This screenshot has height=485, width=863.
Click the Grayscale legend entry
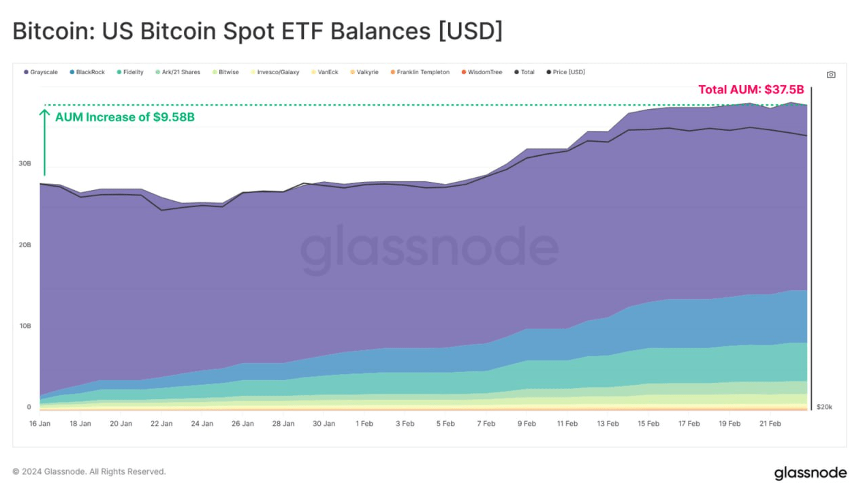point(41,72)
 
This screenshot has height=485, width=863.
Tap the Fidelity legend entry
point(130,72)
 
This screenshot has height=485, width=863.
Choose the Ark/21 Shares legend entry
point(178,72)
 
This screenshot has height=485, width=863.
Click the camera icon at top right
point(831,75)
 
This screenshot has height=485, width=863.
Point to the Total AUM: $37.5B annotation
point(751,90)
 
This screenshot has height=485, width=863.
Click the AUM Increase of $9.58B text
point(125,117)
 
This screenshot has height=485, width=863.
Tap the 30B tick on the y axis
point(25,163)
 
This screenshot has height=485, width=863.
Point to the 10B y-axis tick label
point(25,326)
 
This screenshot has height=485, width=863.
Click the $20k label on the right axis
point(823,407)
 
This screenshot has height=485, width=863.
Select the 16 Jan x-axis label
point(40,424)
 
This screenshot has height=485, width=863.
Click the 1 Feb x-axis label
point(364,424)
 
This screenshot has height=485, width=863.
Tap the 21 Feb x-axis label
point(770,424)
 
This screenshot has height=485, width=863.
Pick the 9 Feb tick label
point(527,424)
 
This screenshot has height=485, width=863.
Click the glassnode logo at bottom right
point(810,473)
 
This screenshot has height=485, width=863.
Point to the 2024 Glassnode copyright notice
point(89,471)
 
